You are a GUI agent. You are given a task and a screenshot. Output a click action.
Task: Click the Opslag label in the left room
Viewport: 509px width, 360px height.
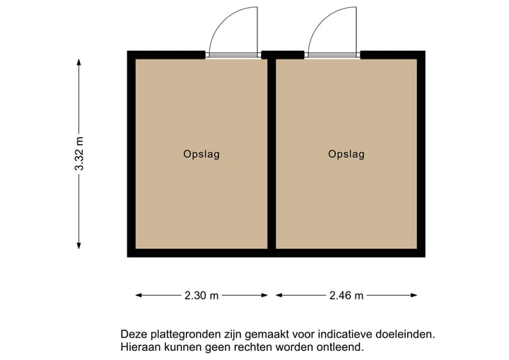201,154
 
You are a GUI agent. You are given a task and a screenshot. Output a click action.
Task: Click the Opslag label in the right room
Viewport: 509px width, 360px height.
346,154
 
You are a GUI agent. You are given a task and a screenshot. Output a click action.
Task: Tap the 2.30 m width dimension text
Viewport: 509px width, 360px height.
201,296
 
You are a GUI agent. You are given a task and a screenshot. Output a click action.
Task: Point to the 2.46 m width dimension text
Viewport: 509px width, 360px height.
346,296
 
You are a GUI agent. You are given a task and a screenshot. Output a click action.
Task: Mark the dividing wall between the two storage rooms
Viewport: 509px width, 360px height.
271,153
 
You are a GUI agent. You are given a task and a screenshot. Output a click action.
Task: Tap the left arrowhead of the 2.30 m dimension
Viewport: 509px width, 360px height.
139,296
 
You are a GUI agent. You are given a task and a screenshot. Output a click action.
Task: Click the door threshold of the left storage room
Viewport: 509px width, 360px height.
232,55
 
